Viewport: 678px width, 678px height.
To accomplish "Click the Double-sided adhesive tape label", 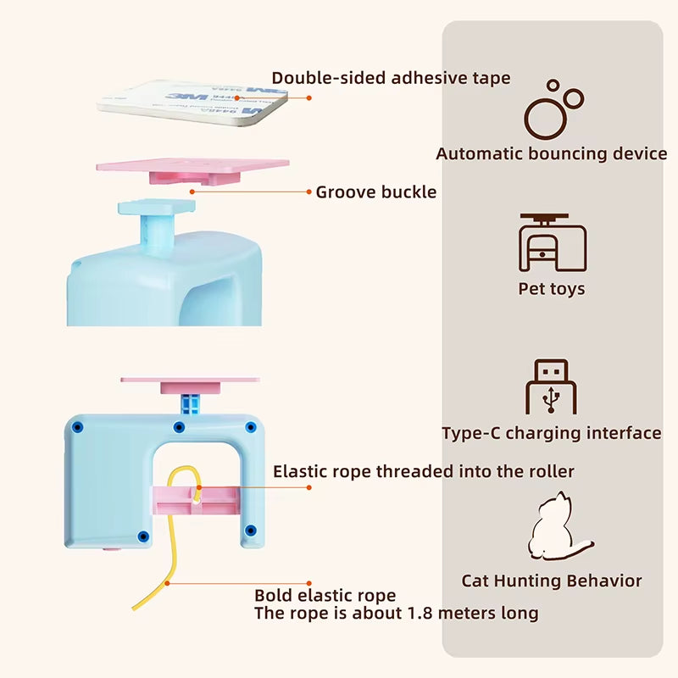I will point(391,79).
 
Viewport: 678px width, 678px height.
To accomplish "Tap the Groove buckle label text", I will point(376,192).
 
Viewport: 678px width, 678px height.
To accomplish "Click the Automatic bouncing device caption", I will point(552,154).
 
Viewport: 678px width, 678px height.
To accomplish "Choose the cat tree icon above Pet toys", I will point(552,242).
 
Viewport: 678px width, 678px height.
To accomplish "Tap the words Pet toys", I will point(552,289).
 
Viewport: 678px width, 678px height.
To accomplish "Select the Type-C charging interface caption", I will point(552,433).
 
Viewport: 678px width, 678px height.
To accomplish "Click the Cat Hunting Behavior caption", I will point(552,581).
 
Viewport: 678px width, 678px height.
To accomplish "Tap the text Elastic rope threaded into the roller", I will point(424,471).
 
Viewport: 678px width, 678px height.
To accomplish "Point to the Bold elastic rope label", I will point(325,596).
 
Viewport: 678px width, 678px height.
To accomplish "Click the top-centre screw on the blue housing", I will point(179,426).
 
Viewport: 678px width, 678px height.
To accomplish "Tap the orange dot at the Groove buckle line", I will point(192,192).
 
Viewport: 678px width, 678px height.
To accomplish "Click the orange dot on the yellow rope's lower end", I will point(169,582).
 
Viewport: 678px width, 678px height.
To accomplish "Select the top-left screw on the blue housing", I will point(79,425).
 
